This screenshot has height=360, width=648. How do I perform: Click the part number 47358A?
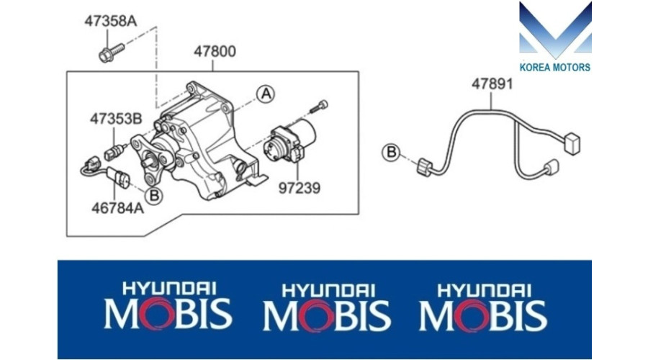110,21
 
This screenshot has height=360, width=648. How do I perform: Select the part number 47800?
215,52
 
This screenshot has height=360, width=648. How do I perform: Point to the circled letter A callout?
266,94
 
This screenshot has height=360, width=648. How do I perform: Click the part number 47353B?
116,119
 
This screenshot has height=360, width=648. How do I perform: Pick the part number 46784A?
118,208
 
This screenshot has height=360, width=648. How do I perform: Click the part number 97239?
300,188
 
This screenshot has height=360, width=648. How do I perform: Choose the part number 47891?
492,84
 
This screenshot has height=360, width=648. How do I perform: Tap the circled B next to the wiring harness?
391,152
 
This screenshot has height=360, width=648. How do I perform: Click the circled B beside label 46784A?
154,196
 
